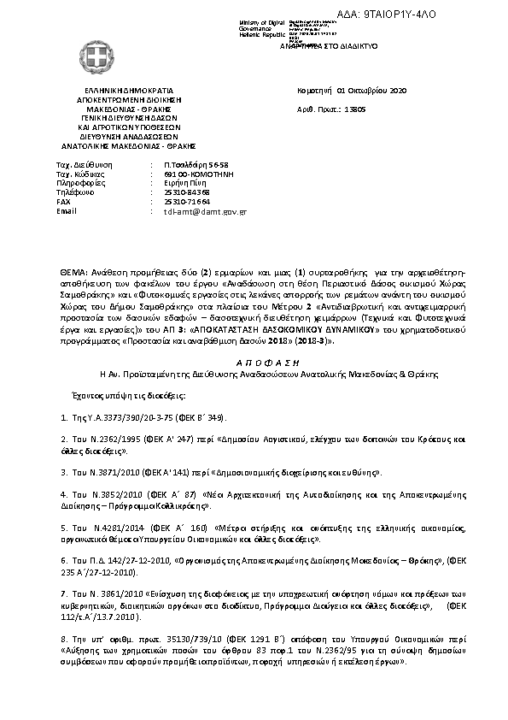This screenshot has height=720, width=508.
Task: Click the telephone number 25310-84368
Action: [187, 192]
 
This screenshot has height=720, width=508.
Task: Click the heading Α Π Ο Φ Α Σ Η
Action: [253, 362]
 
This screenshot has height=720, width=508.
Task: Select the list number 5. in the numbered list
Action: [64, 528]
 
